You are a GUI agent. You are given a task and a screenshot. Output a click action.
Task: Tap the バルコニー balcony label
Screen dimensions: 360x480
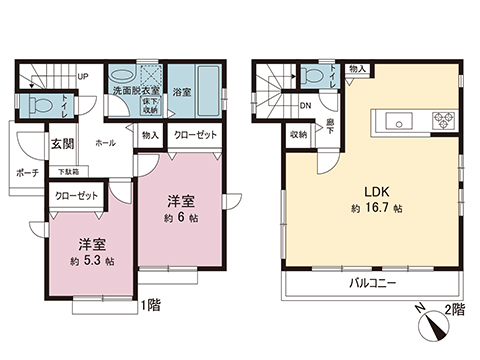tap(372, 284)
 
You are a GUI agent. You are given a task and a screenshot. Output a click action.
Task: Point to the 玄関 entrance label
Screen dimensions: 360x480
tap(63, 144)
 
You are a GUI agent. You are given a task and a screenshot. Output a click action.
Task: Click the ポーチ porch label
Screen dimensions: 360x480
tap(27, 172)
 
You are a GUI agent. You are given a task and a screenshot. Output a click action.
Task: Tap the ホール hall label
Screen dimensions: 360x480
tap(105, 143)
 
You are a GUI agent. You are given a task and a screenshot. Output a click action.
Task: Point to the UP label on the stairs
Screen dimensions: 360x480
tap(83, 76)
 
